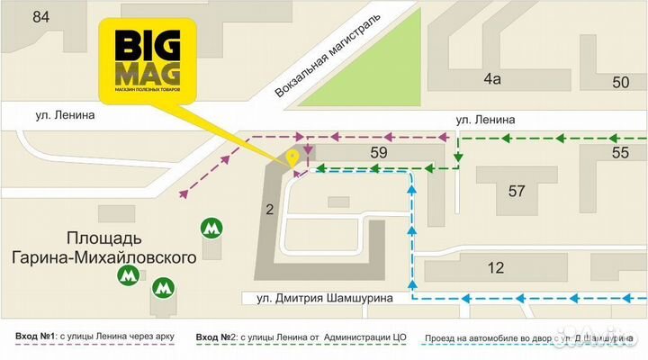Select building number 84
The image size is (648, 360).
pyautogui.click(x=40, y=17)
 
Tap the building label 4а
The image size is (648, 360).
pyautogui.click(x=490, y=79)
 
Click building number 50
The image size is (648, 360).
pyautogui.click(x=620, y=83)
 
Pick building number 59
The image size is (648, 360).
pyautogui.click(x=378, y=153)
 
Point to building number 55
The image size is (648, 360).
pyautogui.click(x=620, y=153)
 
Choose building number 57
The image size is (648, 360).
pyautogui.click(x=517, y=191)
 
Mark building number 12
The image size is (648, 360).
pyautogui.click(x=496, y=267)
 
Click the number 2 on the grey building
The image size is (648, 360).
pyautogui.click(x=269, y=211)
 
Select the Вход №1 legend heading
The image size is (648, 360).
pyautogui.click(x=37, y=338)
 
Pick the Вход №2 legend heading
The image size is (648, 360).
pyautogui.click(x=216, y=338)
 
